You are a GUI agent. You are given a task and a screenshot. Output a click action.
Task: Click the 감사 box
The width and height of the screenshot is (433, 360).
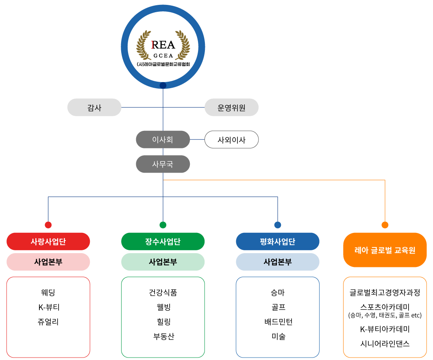pos(94,107)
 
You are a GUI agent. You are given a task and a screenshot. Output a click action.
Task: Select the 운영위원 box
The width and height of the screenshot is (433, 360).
pos(231,107)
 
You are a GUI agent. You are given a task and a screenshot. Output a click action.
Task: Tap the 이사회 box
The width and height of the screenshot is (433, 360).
pos(163,139)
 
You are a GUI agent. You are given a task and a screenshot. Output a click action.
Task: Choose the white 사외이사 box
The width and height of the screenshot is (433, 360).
pos(231,139)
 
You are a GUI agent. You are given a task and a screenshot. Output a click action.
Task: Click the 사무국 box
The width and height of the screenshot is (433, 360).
pos(163,164)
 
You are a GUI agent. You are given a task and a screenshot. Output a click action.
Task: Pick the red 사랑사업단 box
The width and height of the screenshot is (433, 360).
pos(48,241)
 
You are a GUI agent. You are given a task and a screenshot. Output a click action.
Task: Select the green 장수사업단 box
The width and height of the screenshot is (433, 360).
pos(163,241)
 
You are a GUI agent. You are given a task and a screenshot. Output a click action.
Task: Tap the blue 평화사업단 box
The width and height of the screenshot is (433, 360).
pos(277,241)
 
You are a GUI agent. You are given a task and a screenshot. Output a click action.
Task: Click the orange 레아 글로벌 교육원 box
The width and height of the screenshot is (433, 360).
pos(385,250)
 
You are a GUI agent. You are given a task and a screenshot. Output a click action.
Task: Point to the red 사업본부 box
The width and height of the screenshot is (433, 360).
pos(48,262)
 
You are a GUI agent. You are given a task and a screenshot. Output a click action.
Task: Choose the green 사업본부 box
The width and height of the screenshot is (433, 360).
pos(163,262)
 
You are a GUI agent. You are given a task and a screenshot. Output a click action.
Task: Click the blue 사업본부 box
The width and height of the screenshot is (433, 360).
pos(277,262)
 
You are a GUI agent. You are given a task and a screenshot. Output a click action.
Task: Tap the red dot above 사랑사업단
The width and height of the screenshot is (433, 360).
pos(48,225)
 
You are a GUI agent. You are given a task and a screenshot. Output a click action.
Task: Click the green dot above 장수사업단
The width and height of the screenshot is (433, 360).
pos(163,225)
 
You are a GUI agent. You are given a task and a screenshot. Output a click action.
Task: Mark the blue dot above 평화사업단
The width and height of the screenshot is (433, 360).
pos(277,225)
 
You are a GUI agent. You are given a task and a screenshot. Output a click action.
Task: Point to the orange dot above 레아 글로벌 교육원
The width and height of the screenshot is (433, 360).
pos(385,225)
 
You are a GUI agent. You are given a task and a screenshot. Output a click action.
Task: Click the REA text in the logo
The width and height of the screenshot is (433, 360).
pos(163,45)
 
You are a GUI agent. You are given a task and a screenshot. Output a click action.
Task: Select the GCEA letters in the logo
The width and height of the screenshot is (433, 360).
pos(163,56)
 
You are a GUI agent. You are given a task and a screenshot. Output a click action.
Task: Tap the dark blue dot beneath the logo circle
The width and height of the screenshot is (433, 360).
pos(163,85)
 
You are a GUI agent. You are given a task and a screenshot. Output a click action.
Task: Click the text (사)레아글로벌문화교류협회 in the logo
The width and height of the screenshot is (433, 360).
pos(163,64)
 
